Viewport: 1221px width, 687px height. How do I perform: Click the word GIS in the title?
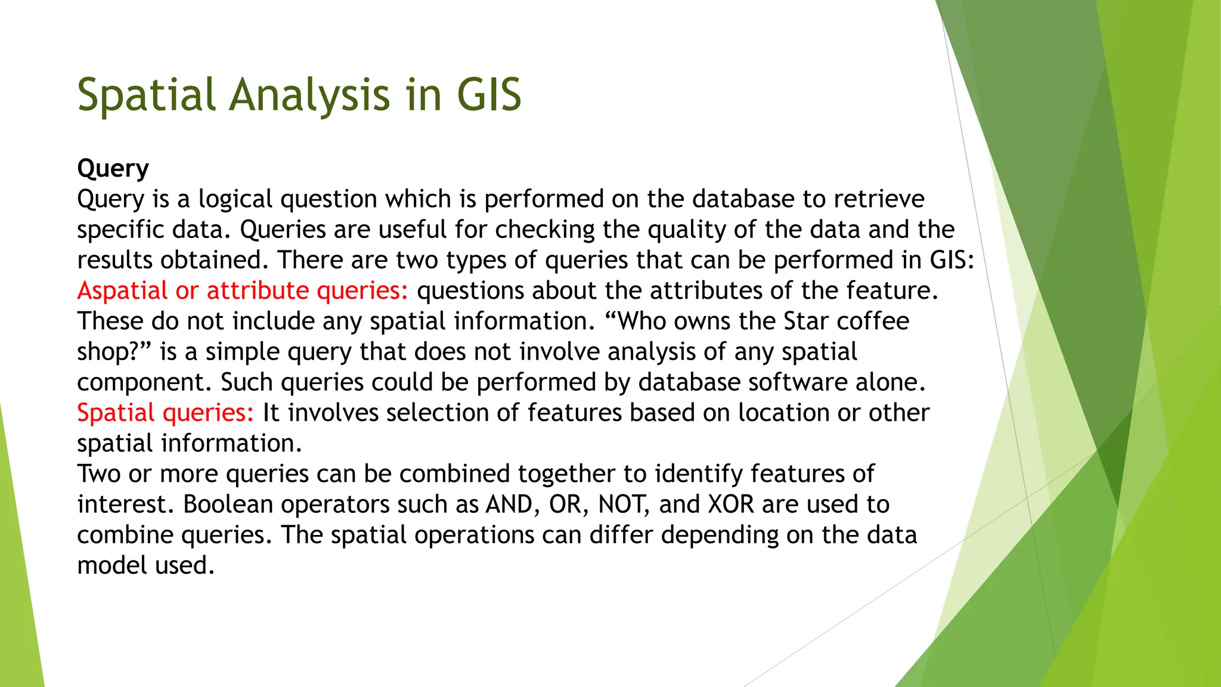(x=489, y=95)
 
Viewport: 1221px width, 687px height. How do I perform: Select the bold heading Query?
(x=113, y=169)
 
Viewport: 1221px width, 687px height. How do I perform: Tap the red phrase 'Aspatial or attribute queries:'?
(x=243, y=290)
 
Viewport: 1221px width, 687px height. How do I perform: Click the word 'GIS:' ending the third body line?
(x=952, y=260)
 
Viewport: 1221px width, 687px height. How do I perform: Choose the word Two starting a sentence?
(x=98, y=474)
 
